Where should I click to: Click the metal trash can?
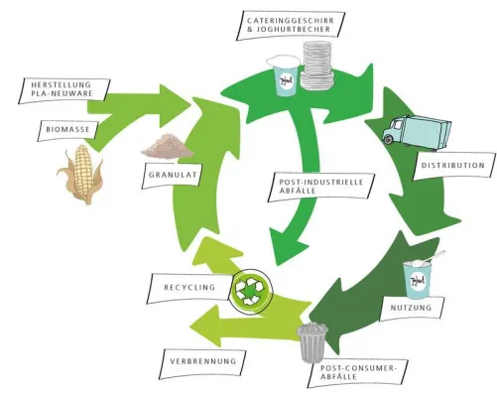(x=313, y=342)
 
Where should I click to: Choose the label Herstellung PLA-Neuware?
(x=62, y=90)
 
